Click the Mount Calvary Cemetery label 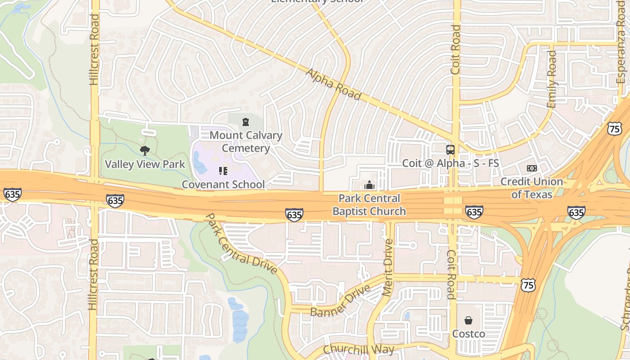[x=246, y=141]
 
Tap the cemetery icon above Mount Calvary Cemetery [x=245, y=122]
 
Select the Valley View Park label [x=145, y=164]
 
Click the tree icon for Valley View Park [x=144, y=150]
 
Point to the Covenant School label [x=223, y=184]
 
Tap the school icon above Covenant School [x=223, y=171]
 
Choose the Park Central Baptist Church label [x=369, y=205]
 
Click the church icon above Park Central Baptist [x=369, y=185]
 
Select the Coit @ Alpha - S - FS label [x=450, y=163]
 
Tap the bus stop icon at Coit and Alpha [x=450, y=149]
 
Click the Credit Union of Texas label [x=531, y=188]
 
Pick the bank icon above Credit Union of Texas [x=531, y=168]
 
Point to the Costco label [x=468, y=333]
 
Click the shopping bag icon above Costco [x=468, y=320]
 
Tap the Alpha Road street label [x=333, y=84]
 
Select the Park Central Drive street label [x=241, y=243]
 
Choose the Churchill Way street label [x=359, y=349]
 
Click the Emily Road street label [x=551, y=79]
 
